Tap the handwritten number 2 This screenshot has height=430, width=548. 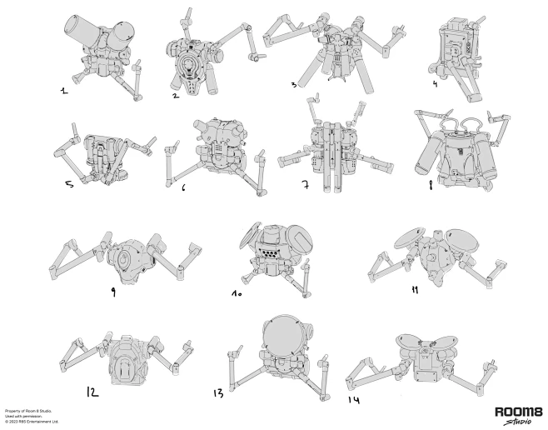(x=176, y=95)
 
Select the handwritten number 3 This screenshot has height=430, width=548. (x=294, y=84)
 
